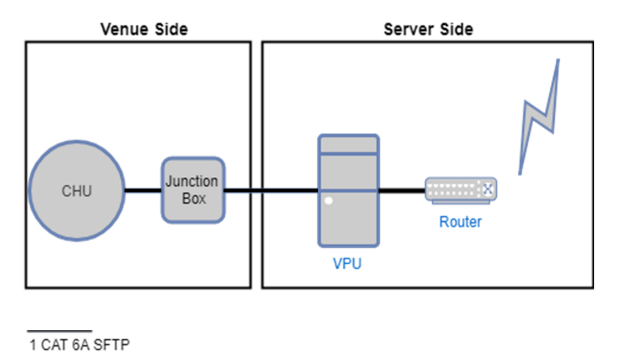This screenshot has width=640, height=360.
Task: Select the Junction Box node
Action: tap(193, 209)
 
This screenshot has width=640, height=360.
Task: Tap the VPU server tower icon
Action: tap(349, 220)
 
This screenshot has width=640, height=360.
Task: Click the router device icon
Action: tap(461, 190)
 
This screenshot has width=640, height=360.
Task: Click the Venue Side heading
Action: tap(144, 29)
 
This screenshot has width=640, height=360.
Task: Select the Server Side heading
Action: tap(428, 29)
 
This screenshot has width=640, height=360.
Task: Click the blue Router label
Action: tap(460, 222)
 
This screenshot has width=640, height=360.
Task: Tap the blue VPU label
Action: tap(347, 264)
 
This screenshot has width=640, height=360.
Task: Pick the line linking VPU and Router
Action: tap(402, 191)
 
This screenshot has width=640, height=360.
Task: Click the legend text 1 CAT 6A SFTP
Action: tap(80, 345)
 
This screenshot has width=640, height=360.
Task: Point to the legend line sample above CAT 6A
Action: tap(59, 331)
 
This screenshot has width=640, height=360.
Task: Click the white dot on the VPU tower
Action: tap(329, 201)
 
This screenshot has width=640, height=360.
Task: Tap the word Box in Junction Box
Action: tap(194, 198)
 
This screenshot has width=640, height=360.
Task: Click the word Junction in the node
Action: tap(192, 181)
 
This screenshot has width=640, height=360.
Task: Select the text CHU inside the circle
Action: tap(76, 191)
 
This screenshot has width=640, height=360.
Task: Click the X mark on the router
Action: tap(487, 190)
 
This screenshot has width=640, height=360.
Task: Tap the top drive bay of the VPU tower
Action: tap(349, 146)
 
